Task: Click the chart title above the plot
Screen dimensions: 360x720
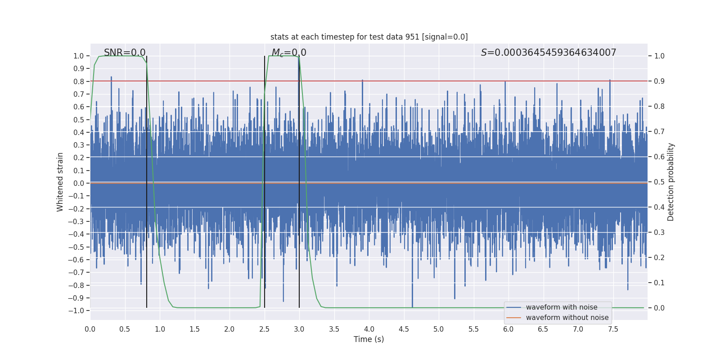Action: (x=369, y=37)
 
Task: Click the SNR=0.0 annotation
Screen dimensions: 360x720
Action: (x=125, y=53)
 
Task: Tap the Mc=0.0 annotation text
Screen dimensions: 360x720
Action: (x=289, y=53)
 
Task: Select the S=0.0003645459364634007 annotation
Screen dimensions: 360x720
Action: (x=549, y=53)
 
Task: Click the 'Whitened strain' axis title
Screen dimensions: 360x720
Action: (x=60, y=182)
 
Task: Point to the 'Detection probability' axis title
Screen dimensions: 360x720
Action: (x=671, y=182)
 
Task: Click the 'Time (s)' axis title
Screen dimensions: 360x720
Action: (x=369, y=339)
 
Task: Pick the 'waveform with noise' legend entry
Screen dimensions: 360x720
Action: (x=562, y=307)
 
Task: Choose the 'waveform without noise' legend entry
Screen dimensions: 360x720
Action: (x=567, y=318)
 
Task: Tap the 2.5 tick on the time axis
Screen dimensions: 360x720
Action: (x=264, y=329)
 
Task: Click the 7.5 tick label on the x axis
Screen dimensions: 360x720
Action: (x=613, y=329)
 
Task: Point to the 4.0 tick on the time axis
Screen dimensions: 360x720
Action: (x=369, y=329)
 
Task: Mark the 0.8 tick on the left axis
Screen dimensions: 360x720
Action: (x=79, y=81)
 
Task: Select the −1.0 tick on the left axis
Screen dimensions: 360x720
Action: (x=76, y=310)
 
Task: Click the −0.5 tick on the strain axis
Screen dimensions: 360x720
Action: (x=76, y=247)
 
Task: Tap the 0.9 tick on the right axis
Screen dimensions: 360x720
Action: (x=659, y=81)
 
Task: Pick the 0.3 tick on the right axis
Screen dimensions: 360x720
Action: (x=659, y=233)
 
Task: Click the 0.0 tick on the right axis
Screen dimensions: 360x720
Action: (x=659, y=308)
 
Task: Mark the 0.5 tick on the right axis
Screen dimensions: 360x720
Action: (x=659, y=182)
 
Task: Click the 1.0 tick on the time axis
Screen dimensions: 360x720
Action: (x=160, y=329)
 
